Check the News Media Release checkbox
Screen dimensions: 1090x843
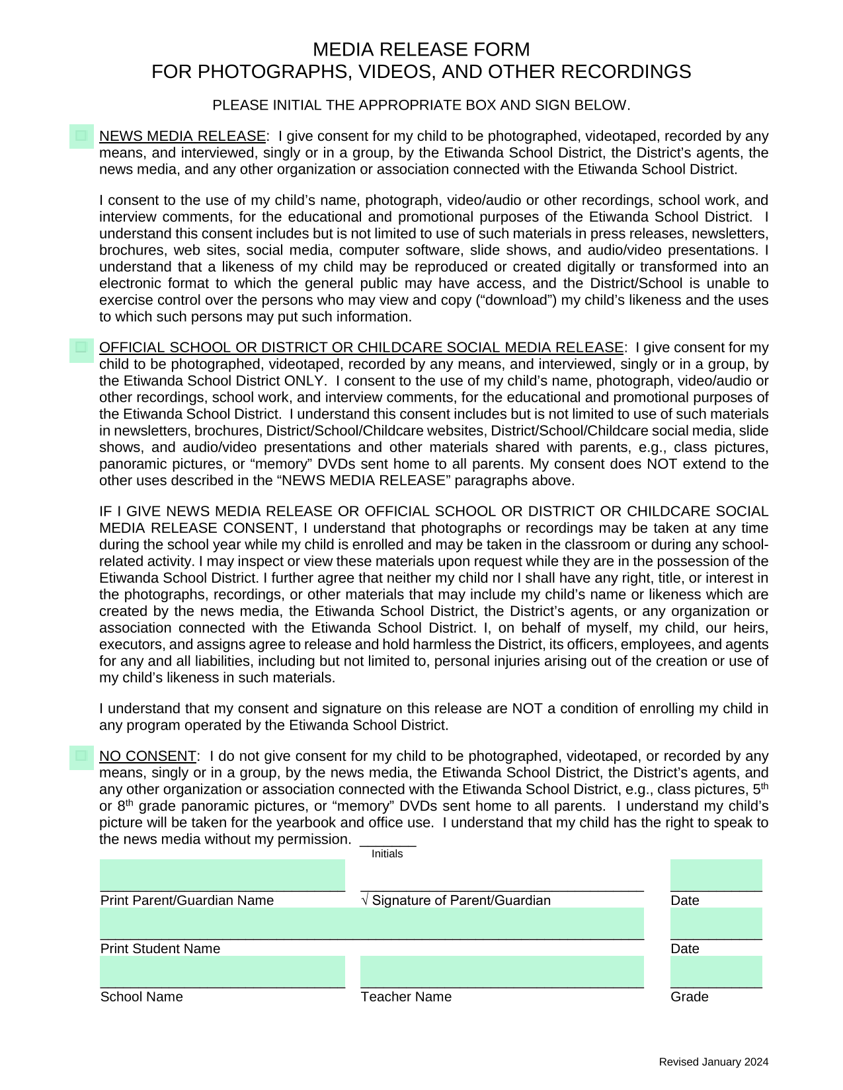[81, 136]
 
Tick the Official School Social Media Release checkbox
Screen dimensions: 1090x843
[81, 347]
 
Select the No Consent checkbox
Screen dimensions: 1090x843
[81, 756]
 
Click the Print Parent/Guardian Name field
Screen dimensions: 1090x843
[222, 875]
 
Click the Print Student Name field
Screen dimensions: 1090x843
[372, 923]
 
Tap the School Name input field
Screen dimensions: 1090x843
[222, 972]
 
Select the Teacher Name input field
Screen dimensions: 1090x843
[502, 972]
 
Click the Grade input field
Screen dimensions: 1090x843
[716, 972]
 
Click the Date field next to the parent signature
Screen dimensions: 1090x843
[716, 875]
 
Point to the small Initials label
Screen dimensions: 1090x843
[387, 854]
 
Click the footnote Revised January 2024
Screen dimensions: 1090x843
[713, 1062]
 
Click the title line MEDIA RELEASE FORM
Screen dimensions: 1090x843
[421, 50]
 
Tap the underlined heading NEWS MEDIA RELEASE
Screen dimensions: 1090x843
[182, 136]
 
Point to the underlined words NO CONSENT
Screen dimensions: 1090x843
[147, 756]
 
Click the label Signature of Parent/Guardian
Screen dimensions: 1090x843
[461, 900]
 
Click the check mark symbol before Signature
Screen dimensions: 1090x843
[365, 900]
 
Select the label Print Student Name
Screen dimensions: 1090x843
[160, 949]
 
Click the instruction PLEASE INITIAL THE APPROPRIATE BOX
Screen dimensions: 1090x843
[421, 105]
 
